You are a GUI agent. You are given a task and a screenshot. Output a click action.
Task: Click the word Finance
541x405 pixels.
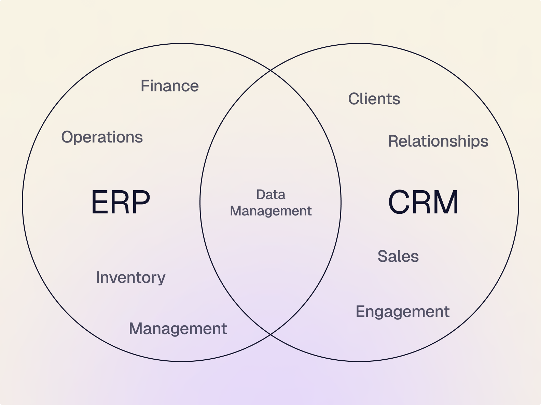coord(170,86)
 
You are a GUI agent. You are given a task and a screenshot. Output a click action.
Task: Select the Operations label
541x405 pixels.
coord(102,137)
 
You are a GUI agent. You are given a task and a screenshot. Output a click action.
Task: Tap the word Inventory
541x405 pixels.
coord(130,277)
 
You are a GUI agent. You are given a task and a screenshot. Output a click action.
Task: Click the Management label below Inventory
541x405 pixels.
coord(178,329)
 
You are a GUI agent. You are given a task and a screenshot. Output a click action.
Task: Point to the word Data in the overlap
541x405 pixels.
coord(270,195)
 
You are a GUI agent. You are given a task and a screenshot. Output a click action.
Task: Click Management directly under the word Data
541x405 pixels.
coord(270,211)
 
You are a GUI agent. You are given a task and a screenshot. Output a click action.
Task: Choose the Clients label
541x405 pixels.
coord(374,99)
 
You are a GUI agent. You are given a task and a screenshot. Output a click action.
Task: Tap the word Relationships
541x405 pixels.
coord(438,141)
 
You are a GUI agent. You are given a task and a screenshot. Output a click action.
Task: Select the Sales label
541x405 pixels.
coord(398,256)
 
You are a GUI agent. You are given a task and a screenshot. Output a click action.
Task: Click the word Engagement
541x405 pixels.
coord(402,312)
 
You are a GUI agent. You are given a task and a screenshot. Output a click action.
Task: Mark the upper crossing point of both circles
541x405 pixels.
coord(270,70)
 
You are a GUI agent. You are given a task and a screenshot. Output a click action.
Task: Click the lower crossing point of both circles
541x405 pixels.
coord(270,334)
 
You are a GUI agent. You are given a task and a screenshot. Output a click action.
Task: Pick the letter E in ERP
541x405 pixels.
coord(99,202)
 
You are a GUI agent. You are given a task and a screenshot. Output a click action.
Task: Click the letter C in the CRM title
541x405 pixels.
coord(399,202)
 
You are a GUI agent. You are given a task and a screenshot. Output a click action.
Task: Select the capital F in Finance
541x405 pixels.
coord(145,86)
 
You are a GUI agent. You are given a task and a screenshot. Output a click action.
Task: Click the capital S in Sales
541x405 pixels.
coord(382,256)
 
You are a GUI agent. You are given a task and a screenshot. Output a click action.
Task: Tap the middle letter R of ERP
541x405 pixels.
coord(120,202)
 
